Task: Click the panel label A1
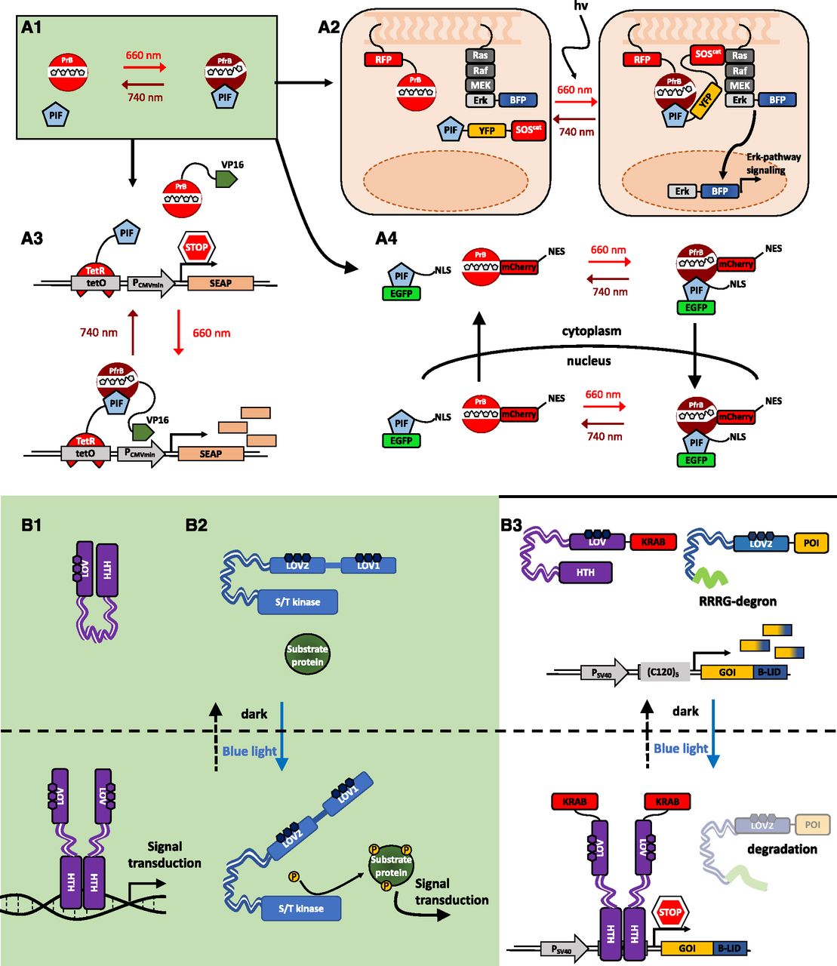pos(32,28)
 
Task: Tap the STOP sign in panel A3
pos(196,247)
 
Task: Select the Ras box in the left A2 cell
pos(481,55)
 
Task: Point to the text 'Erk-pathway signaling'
pos(773,164)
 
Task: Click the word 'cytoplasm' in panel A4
pos(592,331)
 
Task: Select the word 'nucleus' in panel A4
pos(589,361)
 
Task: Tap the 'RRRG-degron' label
pos(733,601)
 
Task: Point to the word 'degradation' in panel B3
pos(782,849)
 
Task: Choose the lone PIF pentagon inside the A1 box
pos(57,115)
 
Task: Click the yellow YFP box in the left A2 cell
pos(487,130)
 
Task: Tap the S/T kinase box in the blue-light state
pos(300,909)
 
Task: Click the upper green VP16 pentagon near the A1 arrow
pos(226,179)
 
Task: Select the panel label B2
pos(196,525)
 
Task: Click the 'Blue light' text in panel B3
pos(681,749)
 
